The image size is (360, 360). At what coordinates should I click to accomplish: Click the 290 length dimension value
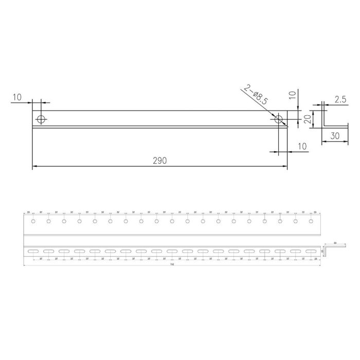click(159, 160)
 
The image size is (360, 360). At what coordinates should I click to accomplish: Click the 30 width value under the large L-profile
click(335, 136)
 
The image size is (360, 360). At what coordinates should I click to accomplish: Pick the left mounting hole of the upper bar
click(41, 119)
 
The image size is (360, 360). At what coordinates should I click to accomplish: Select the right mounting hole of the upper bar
click(279, 119)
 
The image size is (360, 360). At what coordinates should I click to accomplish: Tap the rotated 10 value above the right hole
click(293, 95)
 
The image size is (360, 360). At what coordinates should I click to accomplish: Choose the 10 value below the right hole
click(301, 147)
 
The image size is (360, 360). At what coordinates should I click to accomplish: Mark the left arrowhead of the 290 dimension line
click(34, 167)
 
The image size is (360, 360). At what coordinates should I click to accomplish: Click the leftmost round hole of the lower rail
click(33, 222)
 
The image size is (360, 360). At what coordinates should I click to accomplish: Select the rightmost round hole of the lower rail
click(311, 222)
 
